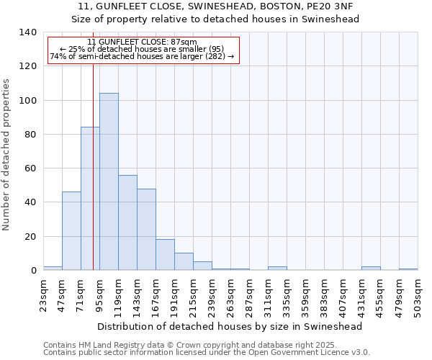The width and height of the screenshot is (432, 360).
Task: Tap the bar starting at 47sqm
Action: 71,230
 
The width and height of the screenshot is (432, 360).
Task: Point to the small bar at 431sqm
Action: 371,269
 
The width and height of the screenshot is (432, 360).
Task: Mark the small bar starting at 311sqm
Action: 277,269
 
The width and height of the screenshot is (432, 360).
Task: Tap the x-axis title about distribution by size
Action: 230,326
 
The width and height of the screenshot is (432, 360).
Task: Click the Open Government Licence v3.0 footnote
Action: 207,352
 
